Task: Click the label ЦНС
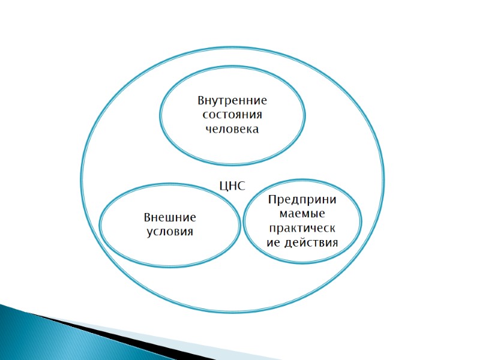(x=233, y=186)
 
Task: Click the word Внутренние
(x=232, y=100)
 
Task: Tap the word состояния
(x=232, y=115)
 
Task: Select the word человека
(x=232, y=129)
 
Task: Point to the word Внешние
(x=170, y=217)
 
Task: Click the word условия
(x=170, y=232)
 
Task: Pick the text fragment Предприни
(x=302, y=200)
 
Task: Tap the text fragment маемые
(x=302, y=214)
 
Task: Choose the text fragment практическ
(x=302, y=229)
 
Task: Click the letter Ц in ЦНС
(x=224, y=187)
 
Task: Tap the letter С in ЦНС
(x=241, y=186)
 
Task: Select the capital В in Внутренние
(x=202, y=100)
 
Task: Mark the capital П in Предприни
(x=271, y=200)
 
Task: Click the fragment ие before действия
(x=273, y=243)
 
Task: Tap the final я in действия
(x=334, y=244)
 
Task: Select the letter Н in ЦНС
(x=233, y=186)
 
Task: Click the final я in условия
(x=190, y=232)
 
